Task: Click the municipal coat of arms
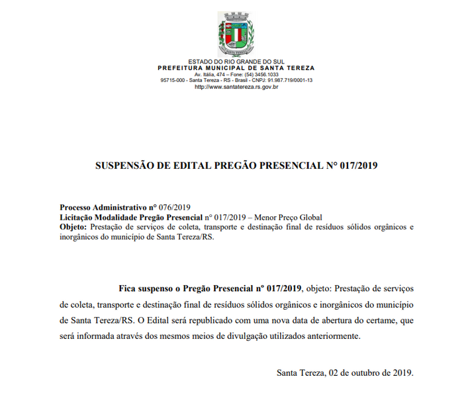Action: click(x=236, y=33)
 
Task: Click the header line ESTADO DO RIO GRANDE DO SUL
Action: click(x=236, y=62)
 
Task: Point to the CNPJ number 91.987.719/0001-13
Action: click(x=285, y=80)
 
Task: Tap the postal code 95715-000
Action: click(x=173, y=80)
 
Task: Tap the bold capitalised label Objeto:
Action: click(x=73, y=227)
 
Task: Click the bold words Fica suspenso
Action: click(x=146, y=288)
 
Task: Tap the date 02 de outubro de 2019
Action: click(x=371, y=373)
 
